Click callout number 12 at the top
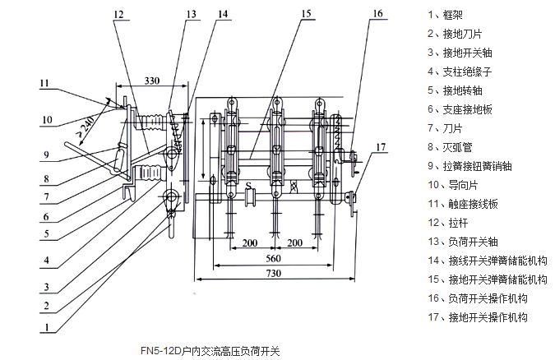[x=118, y=14]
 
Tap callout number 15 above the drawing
[x=306, y=14]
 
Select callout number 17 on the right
[x=380, y=147]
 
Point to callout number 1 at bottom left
[x=48, y=325]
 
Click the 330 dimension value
[x=152, y=81]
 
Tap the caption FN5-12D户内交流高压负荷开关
[x=210, y=350]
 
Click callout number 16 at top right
[x=377, y=14]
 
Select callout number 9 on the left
[x=47, y=155]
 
